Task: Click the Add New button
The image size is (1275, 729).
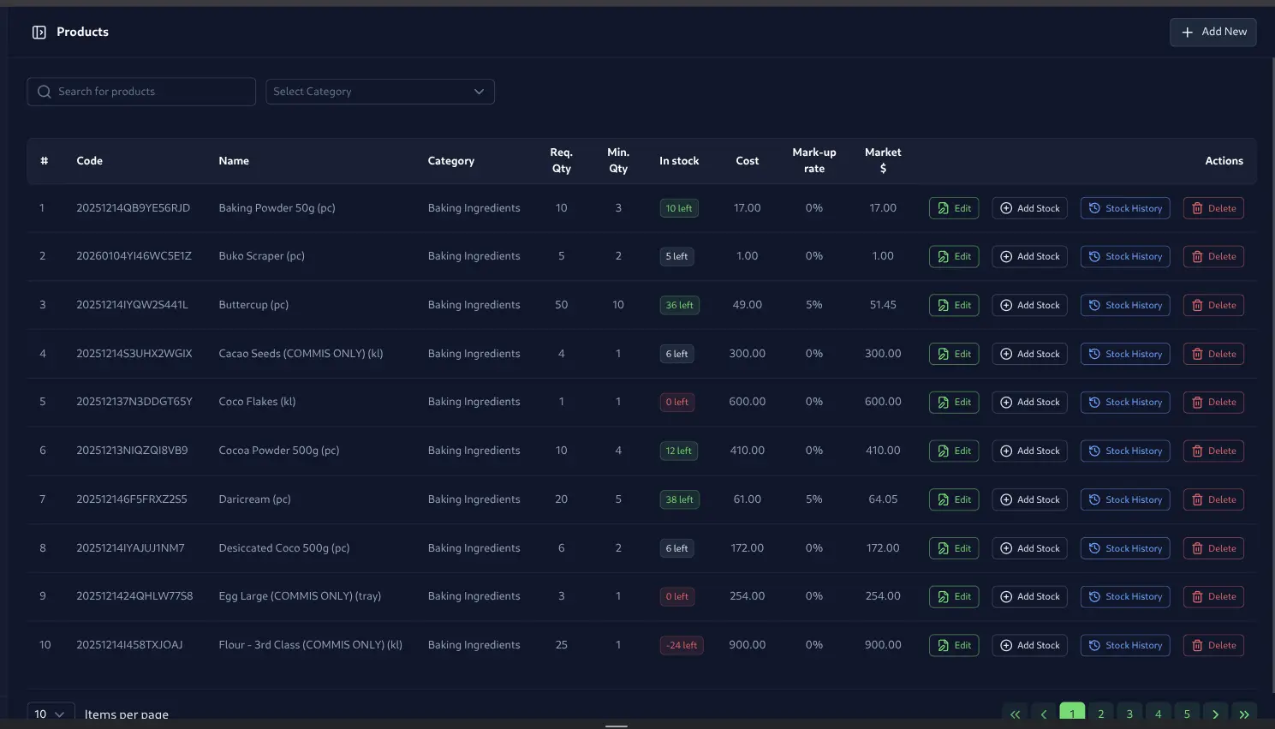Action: pyautogui.click(x=1212, y=32)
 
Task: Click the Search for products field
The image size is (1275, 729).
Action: pyautogui.click(x=141, y=92)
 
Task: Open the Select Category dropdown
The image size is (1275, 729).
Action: pyautogui.click(x=379, y=92)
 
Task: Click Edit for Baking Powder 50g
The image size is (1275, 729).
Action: pyautogui.click(x=953, y=208)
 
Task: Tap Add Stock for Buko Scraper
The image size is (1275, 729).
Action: pyautogui.click(x=1029, y=256)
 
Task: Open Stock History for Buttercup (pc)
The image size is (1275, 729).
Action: pyautogui.click(x=1124, y=305)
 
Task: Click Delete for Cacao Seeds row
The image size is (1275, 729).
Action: pyautogui.click(x=1212, y=354)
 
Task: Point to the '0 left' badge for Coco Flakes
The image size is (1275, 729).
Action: pyautogui.click(x=676, y=402)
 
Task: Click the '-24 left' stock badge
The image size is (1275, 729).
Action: pyautogui.click(x=682, y=645)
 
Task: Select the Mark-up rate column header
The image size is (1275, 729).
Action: pyautogui.click(x=813, y=160)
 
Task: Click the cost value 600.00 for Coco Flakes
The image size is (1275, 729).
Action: pyautogui.click(x=747, y=402)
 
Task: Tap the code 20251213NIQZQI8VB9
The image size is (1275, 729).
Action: pyautogui.click(x=132, y=451)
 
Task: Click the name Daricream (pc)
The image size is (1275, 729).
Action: pyautogui.click(x=254, y=499)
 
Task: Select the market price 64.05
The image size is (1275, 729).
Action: pyautogui.click(x=882, y=499)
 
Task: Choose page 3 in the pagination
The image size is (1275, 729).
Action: pyautogui.click(x=1129, y=713)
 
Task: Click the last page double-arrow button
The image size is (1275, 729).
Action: pyautogui.click(x=1243, y=713)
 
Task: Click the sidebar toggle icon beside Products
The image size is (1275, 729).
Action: pyautogui.click(x=39, y=32)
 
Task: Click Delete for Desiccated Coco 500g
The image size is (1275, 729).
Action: pyautogui.click(x=1212, y=548)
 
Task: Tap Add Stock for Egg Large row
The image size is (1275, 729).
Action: pyautogui.click(x=1029, y=596)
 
